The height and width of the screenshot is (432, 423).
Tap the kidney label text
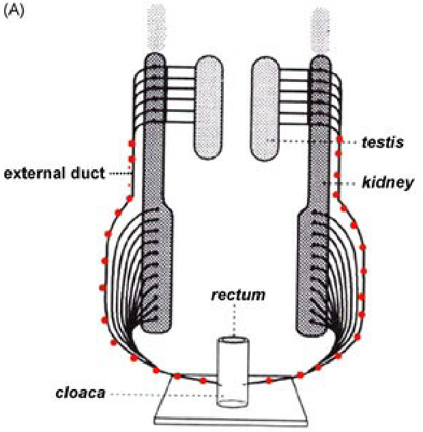point(388,183)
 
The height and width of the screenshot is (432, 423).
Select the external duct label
point(55,173)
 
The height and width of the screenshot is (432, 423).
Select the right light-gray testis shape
point(267,106)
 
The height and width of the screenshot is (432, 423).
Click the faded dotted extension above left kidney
point(156,27)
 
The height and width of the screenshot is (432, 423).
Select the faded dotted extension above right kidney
point(320,27)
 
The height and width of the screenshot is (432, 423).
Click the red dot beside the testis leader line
point(339,141)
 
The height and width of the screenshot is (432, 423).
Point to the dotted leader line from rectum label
point(234,321)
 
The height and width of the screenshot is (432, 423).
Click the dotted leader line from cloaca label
point(164,394)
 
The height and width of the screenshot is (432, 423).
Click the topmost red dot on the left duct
point(131,143)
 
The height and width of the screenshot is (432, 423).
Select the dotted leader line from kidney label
point(345,184)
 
